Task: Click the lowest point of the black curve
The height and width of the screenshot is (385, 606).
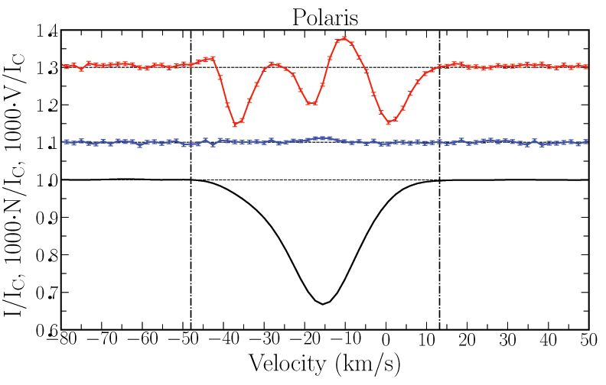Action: click(324, 304)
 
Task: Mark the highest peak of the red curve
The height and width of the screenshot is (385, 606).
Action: click(344, 38)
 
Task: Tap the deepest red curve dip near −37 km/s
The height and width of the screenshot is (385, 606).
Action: click(235, 124)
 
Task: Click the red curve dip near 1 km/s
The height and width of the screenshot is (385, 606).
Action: click(389, 121)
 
